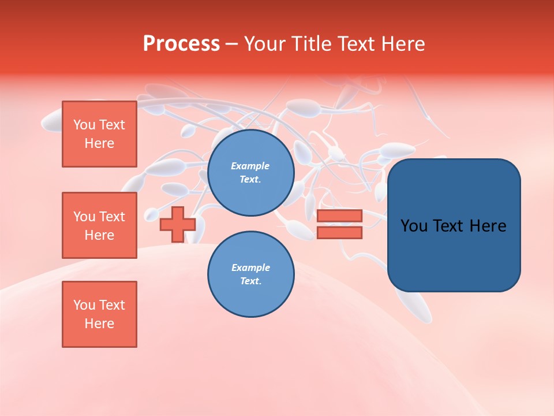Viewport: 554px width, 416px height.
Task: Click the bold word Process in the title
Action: [181, 44]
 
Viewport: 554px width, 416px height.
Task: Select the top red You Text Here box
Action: [99, 134]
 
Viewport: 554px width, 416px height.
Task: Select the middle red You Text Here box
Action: [99, 225]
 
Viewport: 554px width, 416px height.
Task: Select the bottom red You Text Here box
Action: [99, 314]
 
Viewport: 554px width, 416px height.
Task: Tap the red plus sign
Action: [178, 224]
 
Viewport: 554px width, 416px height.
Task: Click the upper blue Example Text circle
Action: [250, 173]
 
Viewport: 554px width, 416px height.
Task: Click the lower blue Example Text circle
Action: [250, 274]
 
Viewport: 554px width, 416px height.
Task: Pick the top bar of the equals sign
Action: [339, 216]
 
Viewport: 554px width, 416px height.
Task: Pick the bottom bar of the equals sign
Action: [339, 232]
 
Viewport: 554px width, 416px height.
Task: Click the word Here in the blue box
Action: [488, 226]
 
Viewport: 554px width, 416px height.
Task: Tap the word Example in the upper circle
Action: [250, 166]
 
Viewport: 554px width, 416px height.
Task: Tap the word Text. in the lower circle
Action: [250, 281]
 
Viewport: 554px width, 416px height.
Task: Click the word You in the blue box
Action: [414, 226]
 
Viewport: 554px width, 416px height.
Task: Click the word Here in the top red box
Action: [99, 143]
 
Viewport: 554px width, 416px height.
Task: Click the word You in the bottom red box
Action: [84, 305]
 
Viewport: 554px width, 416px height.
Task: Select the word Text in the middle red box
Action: [112, 217]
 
